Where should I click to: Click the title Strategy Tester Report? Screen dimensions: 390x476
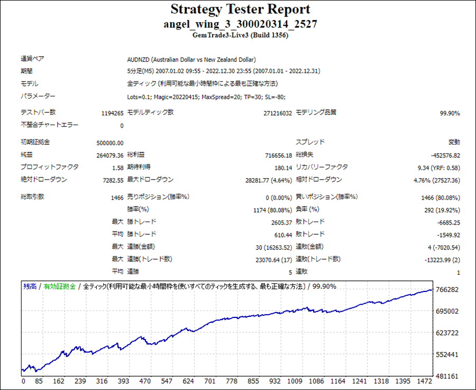240,10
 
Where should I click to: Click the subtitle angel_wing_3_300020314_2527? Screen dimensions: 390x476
240,24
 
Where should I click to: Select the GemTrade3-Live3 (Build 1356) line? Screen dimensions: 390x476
240,35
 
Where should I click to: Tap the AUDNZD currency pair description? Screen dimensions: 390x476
191,59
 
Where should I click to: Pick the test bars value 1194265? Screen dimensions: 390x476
112,113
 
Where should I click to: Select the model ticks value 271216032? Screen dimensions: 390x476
277,113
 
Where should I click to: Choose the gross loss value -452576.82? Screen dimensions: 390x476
445,155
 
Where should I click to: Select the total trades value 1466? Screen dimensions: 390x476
116,197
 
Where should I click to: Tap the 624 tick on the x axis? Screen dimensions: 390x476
188,381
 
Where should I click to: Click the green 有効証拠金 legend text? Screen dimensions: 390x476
60,286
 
